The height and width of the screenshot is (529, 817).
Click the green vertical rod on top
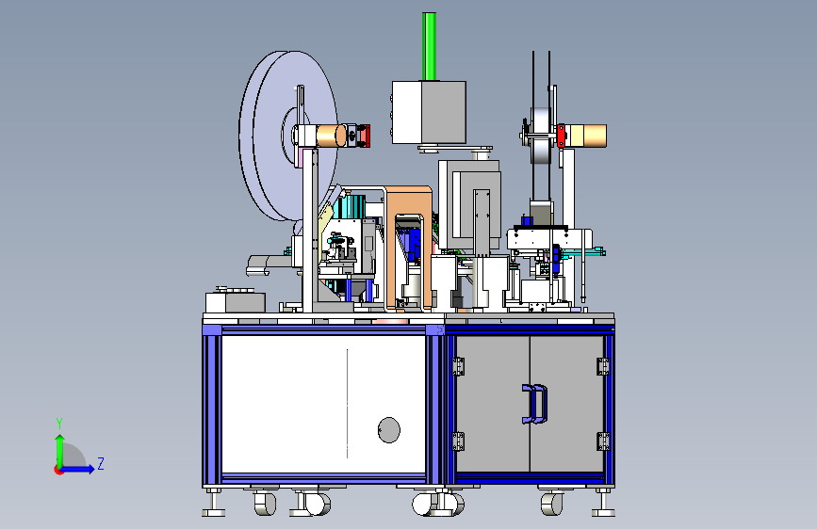(x=430, y=46)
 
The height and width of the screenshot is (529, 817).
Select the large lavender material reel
(x=287, y=136)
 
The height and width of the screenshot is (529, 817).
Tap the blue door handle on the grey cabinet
(x=534, y=404)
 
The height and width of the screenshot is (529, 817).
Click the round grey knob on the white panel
(x=388, y=430)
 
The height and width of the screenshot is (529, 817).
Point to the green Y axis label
(x=59, y=424)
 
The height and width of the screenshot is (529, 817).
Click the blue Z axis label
(x=101, y=463)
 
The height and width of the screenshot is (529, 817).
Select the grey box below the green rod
(x=429, y=112)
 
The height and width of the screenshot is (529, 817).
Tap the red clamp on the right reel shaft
(x=562, y=136)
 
